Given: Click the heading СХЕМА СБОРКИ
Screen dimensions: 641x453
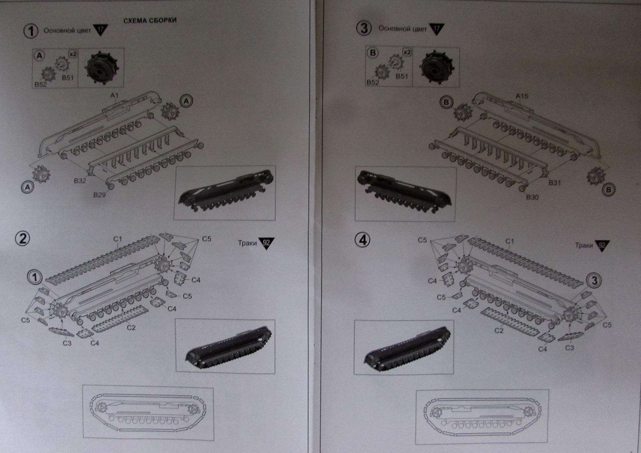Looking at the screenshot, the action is tap(149, 20).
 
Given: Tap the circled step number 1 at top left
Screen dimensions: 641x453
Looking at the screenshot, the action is tap(31, 31).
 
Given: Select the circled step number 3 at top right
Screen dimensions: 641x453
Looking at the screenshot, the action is tap(364, 29).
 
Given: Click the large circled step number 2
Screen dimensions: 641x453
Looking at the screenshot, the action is tap(22, 238).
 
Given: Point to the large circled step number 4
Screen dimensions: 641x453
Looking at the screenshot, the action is tap(363, 240).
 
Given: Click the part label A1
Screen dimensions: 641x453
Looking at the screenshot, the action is tap(115, 95).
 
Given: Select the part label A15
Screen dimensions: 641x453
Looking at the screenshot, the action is tap(522, 96).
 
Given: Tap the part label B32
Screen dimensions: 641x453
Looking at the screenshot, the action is tap(80, 181).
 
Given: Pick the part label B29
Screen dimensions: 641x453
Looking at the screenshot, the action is tap(99, 195).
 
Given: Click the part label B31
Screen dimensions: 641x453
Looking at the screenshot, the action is tap(554, 183).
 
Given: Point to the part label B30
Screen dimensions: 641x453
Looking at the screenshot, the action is tap(532, 197).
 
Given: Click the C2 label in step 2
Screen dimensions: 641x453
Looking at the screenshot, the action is tap(131, 328).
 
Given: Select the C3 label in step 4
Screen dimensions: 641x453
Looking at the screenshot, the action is tap(569, 347).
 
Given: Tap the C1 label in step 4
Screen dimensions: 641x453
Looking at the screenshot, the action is tap(509, 241).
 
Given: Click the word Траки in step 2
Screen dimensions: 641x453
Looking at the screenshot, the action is tap(247, 243).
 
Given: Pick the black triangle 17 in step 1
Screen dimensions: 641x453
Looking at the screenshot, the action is tap(100, 30).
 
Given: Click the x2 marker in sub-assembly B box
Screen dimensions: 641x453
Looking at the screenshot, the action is tap(407, 53).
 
